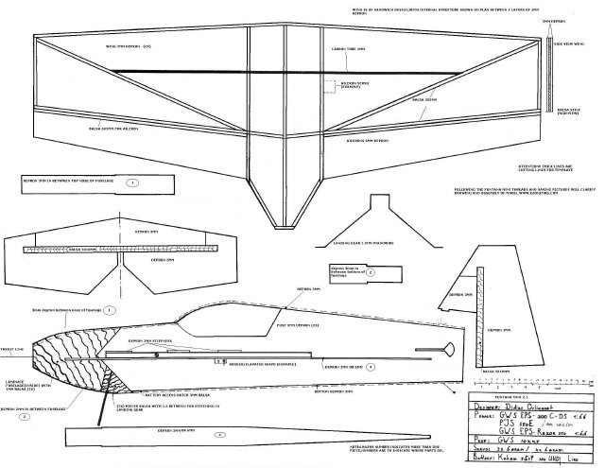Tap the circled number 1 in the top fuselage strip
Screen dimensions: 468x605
click(x=131, y=181)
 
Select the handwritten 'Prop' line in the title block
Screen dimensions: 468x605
click(x=510, y=439)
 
